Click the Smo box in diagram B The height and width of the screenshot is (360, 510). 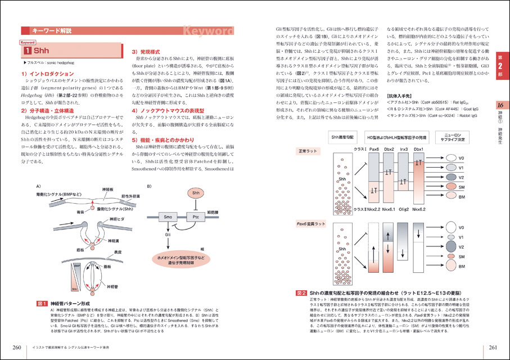coord(168,217)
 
